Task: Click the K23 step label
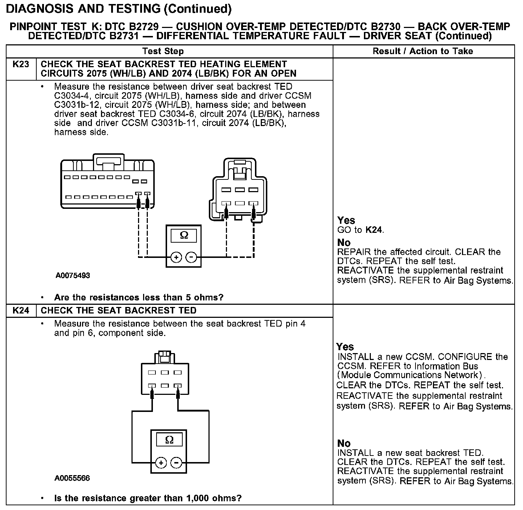[21, 65]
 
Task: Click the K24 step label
[21, 311]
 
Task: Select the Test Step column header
[163, 51]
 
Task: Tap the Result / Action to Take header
[423, 51]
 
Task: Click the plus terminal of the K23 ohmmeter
[176, 258]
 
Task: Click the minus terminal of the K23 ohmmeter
[191, 258]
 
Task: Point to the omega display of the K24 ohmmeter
[169, 440]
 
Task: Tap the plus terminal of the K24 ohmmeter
[161, 463]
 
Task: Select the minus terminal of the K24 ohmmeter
[177, 463]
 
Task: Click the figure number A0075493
[73, 275]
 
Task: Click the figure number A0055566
[72, 478]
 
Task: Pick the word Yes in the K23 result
[346, 220]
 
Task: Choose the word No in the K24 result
[344, 443]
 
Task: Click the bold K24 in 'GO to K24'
[374, 230]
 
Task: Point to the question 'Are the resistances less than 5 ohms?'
[139, 297]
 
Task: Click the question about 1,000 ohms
[148, 498]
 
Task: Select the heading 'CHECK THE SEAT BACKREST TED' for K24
[118, 311]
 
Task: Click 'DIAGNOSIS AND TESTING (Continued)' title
[119, 9]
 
